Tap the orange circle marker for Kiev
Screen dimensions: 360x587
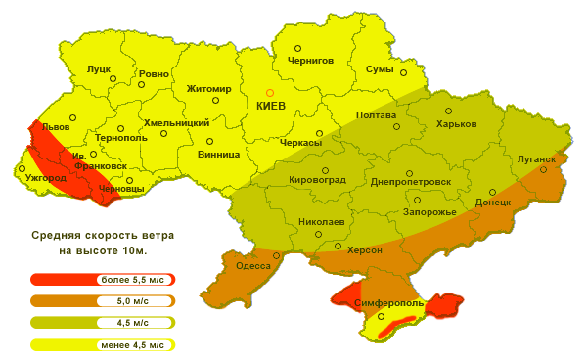tap(271, 92)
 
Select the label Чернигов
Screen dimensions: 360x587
tap(310, 60)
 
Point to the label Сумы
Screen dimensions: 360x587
tap(379, 69)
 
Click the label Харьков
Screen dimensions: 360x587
tap(456, 124)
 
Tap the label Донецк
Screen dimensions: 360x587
tap(493, 202)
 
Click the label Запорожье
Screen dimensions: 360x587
tap(429, 212)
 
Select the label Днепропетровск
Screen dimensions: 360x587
tap(411, 181)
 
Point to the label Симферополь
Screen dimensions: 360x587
tap(390, 304)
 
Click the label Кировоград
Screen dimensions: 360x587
tap(319, 180)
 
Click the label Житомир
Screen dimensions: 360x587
tap(208, 89)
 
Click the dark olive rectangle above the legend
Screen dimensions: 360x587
tap(103, 243)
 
